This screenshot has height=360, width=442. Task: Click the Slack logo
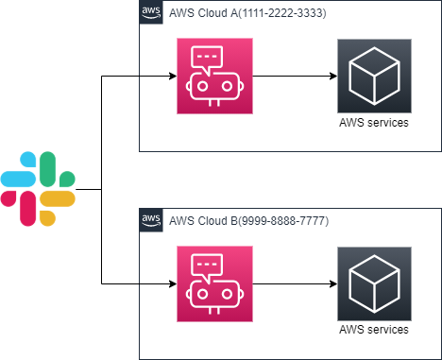tap(38, 189)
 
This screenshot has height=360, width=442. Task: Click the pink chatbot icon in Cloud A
tap(213, 76)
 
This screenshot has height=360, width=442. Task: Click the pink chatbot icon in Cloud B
tap(213, 283)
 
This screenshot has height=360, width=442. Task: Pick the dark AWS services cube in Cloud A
tap(374, 76)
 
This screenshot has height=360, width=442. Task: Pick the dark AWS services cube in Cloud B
tap(374, 283)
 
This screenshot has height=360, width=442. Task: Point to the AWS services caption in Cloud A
tap(374, 122)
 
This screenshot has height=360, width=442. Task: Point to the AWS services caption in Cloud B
tap(374, 330)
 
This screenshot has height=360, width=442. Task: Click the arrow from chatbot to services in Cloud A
tap(293, 76)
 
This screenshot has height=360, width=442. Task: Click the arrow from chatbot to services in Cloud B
tap(293, 283)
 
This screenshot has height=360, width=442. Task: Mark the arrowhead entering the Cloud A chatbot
tap(171, 76)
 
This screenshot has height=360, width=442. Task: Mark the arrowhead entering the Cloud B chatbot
tap(171, 283)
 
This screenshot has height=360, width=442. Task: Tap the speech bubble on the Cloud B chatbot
tap(213, 266)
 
